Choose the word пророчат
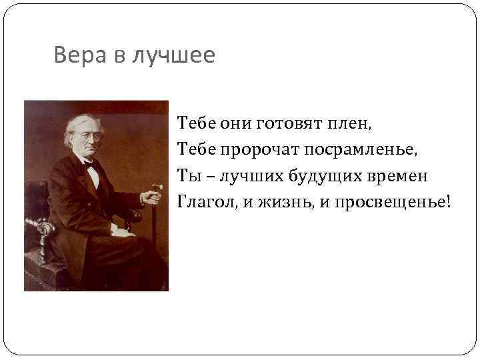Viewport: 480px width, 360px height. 257,150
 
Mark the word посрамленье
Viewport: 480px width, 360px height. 359,150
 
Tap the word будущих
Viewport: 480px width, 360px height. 324,176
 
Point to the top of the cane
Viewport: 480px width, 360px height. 157,187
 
